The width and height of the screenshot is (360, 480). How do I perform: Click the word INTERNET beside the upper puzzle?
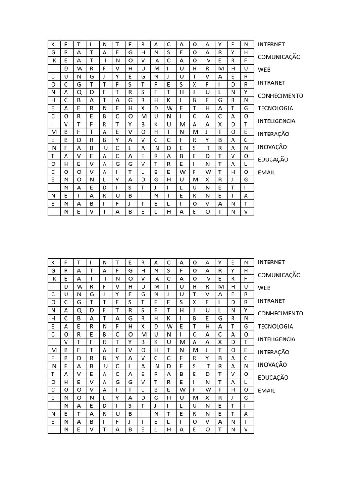pos(271,45)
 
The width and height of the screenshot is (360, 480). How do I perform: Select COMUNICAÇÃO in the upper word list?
pos(279,57)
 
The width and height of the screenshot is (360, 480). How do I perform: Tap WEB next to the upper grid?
pos(264,70)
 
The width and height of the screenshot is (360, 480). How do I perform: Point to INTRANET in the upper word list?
pos(271,83)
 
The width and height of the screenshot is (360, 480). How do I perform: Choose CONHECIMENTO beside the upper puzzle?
pos(280,96)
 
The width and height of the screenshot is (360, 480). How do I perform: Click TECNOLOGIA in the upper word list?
pos(276,108)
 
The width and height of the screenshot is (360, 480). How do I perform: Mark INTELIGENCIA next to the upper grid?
pos(277,121)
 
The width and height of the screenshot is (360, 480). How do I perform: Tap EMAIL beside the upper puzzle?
pos(266,172)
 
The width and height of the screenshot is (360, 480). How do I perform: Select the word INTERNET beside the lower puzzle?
pos(271,262)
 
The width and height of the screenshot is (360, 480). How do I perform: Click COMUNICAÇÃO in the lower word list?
pos(279,275)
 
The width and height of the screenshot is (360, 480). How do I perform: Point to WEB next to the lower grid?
pos(264,288)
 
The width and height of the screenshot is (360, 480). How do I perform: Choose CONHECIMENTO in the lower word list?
pos(280,314)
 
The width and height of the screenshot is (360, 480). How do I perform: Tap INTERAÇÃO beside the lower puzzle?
pos(274,352)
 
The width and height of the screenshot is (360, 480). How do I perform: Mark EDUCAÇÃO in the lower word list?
pos(273,377)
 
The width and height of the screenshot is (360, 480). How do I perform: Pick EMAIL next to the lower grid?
pos(266,390)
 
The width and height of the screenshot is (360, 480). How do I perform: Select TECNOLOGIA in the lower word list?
pos(276,326)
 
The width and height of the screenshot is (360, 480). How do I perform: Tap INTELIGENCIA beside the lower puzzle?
pos(277,339)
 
